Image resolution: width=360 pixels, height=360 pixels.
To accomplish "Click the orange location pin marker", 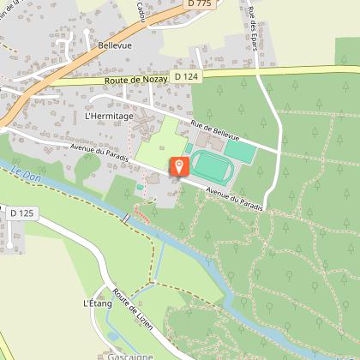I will point(180,166).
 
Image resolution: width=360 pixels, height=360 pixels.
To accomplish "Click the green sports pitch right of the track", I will point(242,152).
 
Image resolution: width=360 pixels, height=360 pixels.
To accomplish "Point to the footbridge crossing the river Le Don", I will point(126,220).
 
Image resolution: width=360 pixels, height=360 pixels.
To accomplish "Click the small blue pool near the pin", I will point(139,184).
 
